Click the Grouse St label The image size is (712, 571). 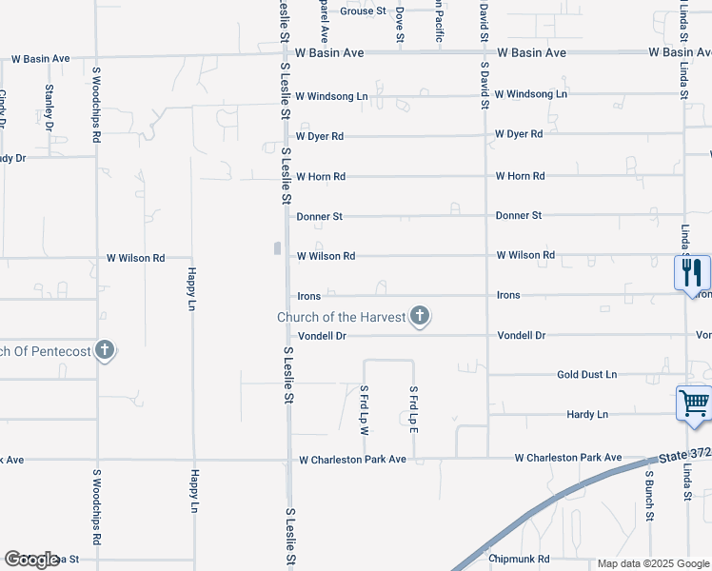[363, 11]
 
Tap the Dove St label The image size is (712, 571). [401, 24]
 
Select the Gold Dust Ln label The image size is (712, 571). [586, 375]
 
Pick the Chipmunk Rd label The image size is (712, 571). [519, 559]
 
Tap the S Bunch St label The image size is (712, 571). [650, 495]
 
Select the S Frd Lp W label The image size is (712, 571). [364, 410]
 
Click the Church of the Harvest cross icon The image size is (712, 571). [419, 317]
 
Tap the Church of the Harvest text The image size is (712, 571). [341, 317]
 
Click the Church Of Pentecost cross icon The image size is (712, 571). [105, 351]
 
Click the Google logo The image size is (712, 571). [31, 560]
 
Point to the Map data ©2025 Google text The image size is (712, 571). [653, 563]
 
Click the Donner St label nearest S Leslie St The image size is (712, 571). [319, 217]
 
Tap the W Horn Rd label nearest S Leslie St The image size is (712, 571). [320, 177]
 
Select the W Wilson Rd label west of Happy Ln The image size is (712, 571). [135, 258]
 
